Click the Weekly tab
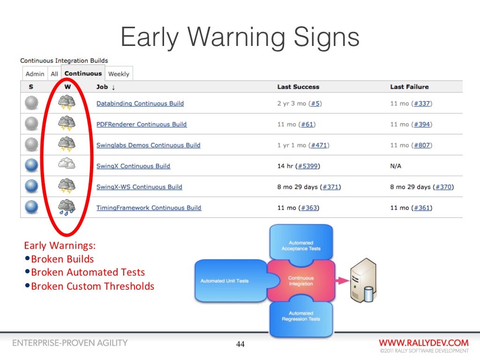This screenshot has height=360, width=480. click(x=119, y=74)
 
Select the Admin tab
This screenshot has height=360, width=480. click(x=35, y=74)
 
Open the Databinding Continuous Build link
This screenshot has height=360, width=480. click(x=140, y=104)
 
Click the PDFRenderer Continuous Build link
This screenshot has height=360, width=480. click(x=141, y=124)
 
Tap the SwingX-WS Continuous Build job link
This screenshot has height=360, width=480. click(x=139, y=187)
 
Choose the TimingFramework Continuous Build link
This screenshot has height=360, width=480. click(x=149, y=208)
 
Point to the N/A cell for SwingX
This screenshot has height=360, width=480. click(x=396, y=166)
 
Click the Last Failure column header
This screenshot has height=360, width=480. click(x=409, y=87)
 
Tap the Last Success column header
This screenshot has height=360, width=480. click(x=298, y=87)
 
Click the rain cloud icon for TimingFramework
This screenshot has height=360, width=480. click(x=66, y=207)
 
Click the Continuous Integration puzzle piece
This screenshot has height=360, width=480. click(x=300, y=281)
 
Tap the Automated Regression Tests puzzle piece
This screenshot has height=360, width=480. click(x=300, y=316)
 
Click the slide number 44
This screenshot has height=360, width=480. click(x=240, y=345)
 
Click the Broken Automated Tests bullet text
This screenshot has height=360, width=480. click(x=88, y=272)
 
